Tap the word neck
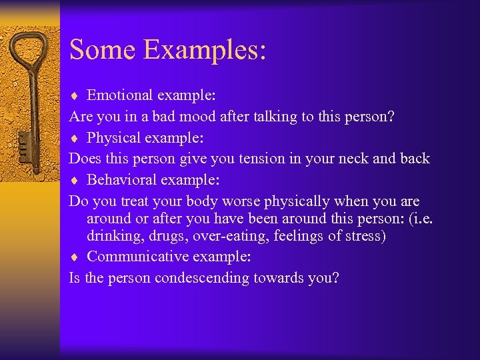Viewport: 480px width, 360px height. (367, 159)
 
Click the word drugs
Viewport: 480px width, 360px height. (166, 237)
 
